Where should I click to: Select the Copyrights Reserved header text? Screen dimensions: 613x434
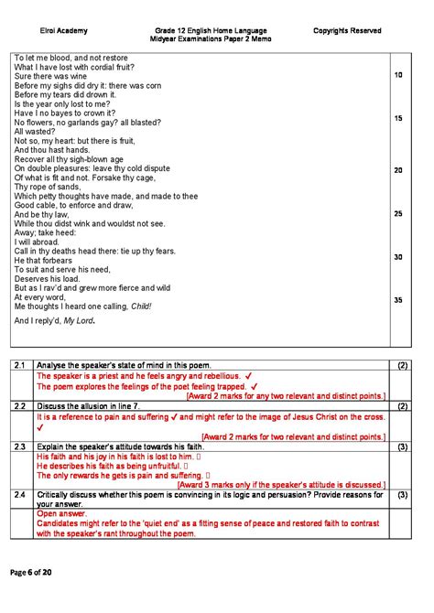point(347,31)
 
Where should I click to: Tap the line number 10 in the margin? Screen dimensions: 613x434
point(398,75)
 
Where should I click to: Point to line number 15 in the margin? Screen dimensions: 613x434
point(398,119)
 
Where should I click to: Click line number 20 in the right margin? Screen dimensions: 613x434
point(398,170)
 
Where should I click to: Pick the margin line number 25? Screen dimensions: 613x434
point(398,213)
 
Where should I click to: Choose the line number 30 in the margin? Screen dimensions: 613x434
point(398,257)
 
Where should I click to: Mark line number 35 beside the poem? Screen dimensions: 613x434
point(398,300)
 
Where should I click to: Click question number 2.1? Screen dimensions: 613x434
point(21,366)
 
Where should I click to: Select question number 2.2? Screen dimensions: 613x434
point(21,405)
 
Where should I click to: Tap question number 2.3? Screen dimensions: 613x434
point(21,446)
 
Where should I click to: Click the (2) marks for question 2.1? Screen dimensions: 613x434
point(403,366)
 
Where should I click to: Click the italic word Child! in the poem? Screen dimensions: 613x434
point(141,306)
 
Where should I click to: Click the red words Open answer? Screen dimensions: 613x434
point(60,514)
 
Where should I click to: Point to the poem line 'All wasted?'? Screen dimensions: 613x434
point(36,132)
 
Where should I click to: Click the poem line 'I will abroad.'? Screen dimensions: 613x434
point(38,242)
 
